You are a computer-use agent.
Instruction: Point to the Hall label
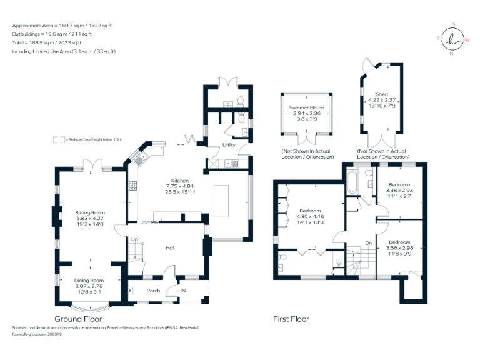coord(169,248)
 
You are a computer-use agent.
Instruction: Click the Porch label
coord(153,291)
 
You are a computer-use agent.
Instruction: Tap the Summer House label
coord(306,107)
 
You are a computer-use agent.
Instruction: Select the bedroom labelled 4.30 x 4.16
coord(311,211)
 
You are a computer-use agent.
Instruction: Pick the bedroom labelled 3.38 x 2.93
coord(399,185)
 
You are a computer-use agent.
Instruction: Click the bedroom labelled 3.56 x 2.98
coord(399,241)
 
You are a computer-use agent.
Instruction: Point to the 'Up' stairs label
coord(134,239)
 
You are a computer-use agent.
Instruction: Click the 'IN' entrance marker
coord(183,291)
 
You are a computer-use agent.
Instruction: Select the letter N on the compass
coord(451,54)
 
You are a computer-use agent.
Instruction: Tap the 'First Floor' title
coord(291,319)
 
